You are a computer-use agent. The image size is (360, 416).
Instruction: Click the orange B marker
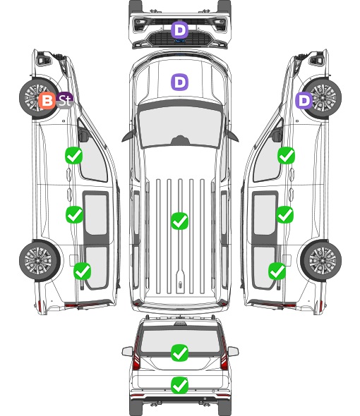click(47, 101)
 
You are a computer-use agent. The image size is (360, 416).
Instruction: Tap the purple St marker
click(64, 100)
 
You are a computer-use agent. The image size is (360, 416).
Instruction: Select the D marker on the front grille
click(179, 30)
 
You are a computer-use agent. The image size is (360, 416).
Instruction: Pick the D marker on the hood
click(179, 82)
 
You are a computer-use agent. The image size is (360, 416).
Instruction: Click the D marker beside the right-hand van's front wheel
click(304, 101)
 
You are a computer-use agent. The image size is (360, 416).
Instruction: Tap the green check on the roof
click(179, 221)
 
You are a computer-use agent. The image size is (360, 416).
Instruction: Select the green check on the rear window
click(179, 353)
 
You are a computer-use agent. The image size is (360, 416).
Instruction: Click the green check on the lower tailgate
click(179, 385)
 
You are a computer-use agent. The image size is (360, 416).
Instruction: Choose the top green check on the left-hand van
click(73, 155)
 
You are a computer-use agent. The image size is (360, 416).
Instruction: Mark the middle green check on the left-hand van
click(74, 214)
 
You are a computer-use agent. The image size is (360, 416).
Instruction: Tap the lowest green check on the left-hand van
click(82, 271)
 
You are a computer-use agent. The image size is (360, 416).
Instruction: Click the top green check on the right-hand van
click(286, 155)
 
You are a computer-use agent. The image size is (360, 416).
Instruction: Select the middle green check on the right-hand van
click(284, 214)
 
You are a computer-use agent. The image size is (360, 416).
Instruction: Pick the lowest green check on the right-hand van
click(277, 271)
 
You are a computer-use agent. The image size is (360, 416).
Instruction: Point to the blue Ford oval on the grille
click(180, 41)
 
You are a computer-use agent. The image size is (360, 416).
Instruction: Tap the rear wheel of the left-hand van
click(40, 261)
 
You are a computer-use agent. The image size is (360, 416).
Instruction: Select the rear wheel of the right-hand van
click(321, 261)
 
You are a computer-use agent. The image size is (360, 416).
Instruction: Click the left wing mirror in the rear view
click(127, 351)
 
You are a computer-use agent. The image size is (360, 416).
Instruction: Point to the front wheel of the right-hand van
click(321, 97)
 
